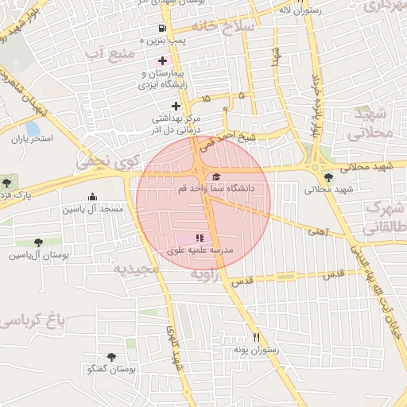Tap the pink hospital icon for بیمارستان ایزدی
point(162,61)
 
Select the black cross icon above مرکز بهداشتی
point(176,106)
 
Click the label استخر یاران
point(31,138)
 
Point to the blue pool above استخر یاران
point(33,127)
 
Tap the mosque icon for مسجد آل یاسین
point(92,197)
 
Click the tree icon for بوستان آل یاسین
point(38,242)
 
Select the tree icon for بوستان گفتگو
point(110,358)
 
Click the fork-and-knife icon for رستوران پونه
point(255,337)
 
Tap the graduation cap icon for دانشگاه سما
point(216,176)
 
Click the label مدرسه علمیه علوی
point(200,250)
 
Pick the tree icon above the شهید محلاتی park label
point(328,177)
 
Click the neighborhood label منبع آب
point(106,54)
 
